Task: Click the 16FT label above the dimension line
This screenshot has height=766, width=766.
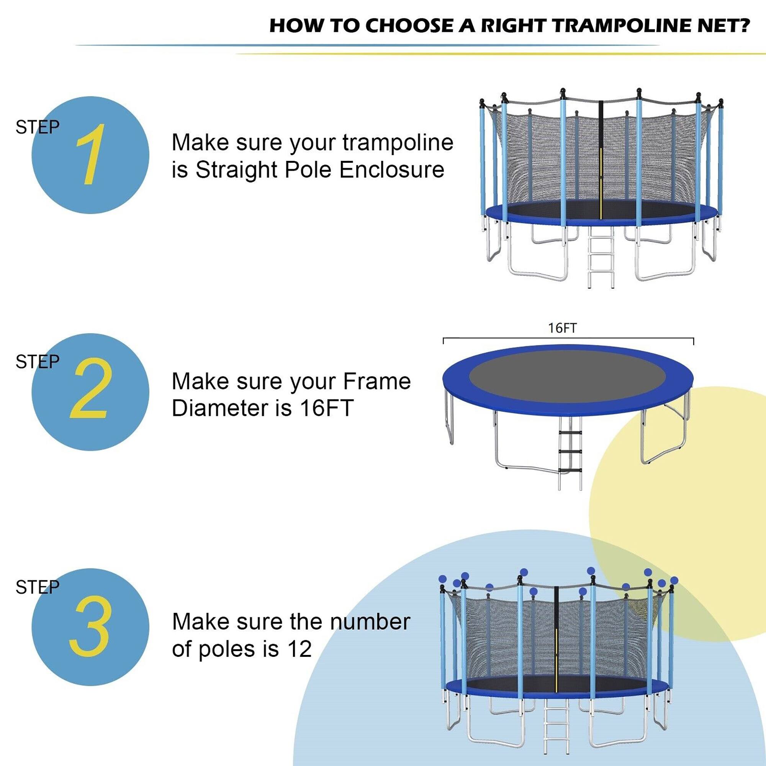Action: [x=562, y=328]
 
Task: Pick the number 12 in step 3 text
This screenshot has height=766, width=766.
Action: [x=300, y=649]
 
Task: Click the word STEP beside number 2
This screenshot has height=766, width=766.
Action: [x=37, y=362]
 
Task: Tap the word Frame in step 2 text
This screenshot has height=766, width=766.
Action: [x=376, y=382]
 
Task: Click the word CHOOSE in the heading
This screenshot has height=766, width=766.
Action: [x=408, y=25]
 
